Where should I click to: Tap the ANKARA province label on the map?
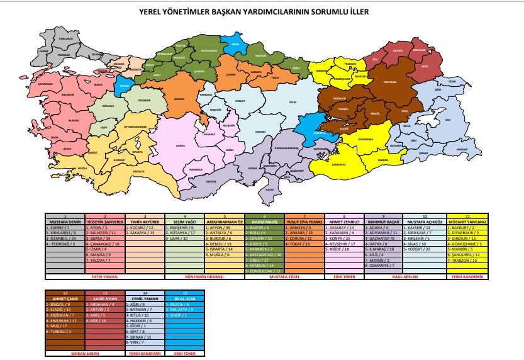click(179, 99)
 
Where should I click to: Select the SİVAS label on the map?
click(292, 101)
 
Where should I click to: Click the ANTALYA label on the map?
click(130, 171)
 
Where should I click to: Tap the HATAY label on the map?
click(270, 189)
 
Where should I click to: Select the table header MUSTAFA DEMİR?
click(67, 222)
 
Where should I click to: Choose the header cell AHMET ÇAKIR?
click(67, 298)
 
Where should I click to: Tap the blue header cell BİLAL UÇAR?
click(184, 298)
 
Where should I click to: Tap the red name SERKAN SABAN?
click(67, 354)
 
